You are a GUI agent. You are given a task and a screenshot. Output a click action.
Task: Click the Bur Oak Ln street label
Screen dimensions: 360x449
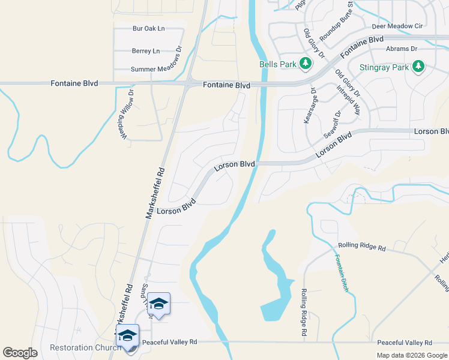148,28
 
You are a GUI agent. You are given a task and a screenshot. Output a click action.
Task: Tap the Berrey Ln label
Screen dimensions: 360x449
146,51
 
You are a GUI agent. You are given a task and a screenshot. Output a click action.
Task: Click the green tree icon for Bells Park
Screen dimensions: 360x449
306,64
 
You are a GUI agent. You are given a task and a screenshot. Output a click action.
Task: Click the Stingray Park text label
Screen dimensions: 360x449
384,67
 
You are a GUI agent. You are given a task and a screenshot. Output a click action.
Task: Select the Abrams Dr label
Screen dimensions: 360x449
402,49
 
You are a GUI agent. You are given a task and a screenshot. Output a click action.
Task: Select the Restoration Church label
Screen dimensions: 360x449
77,348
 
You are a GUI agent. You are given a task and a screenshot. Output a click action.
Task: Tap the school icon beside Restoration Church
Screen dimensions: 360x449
128,336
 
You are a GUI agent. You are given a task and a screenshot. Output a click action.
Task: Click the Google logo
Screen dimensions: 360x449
20,353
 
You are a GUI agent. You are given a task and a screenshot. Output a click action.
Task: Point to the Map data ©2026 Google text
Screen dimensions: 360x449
411,355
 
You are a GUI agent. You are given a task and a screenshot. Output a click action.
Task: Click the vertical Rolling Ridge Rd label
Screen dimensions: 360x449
304,311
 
